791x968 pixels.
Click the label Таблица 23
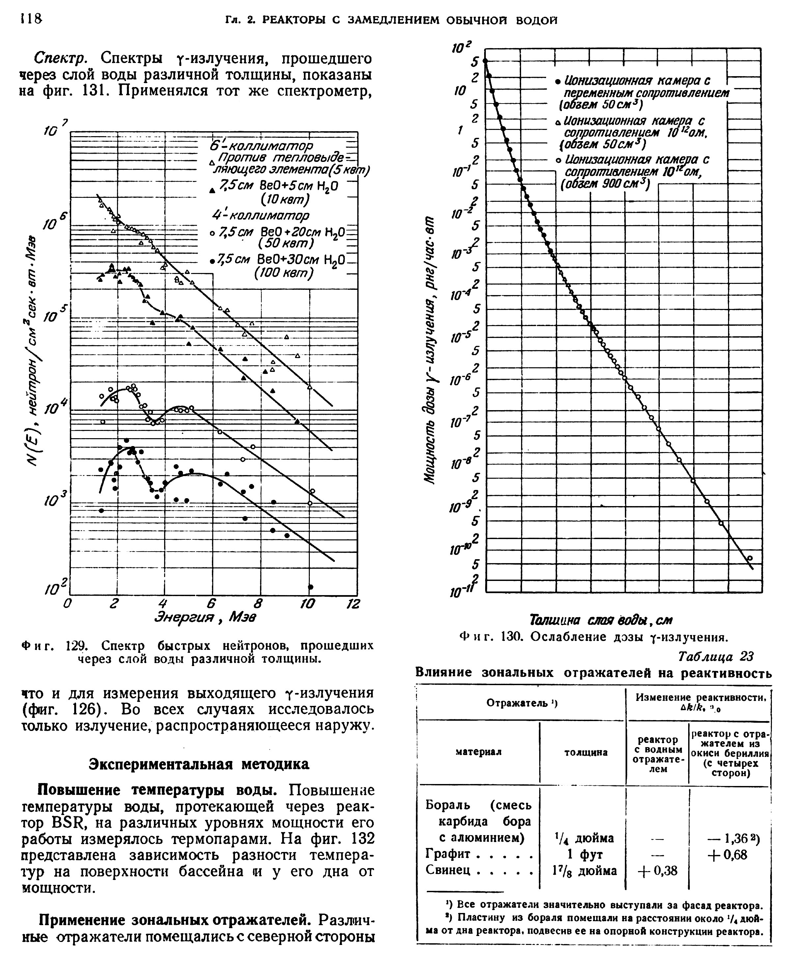(x=716, y=656)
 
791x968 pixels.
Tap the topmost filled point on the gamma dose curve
(x=485, y=61)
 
